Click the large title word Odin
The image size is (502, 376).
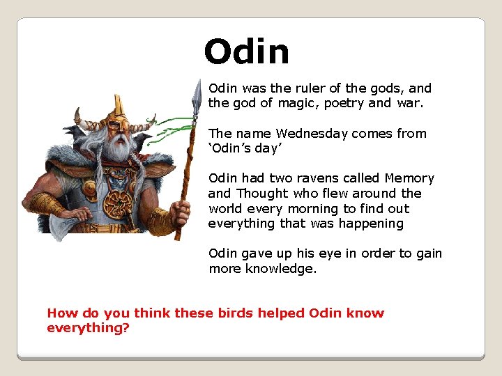pyautogui.click(x=246, y=52)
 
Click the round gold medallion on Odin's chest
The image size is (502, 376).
pyautogui.click(x=116, y=203)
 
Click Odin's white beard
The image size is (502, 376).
pyautogui.click(x=119, y=149)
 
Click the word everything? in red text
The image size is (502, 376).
pyautogui.click(x=88, y=327)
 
